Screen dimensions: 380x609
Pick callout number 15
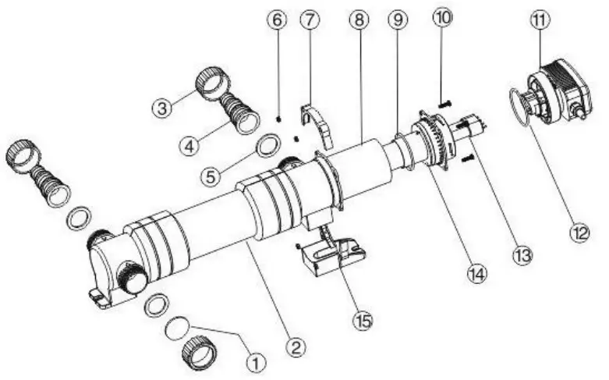click(361, 320)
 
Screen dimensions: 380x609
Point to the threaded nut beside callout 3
click(211, 80)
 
